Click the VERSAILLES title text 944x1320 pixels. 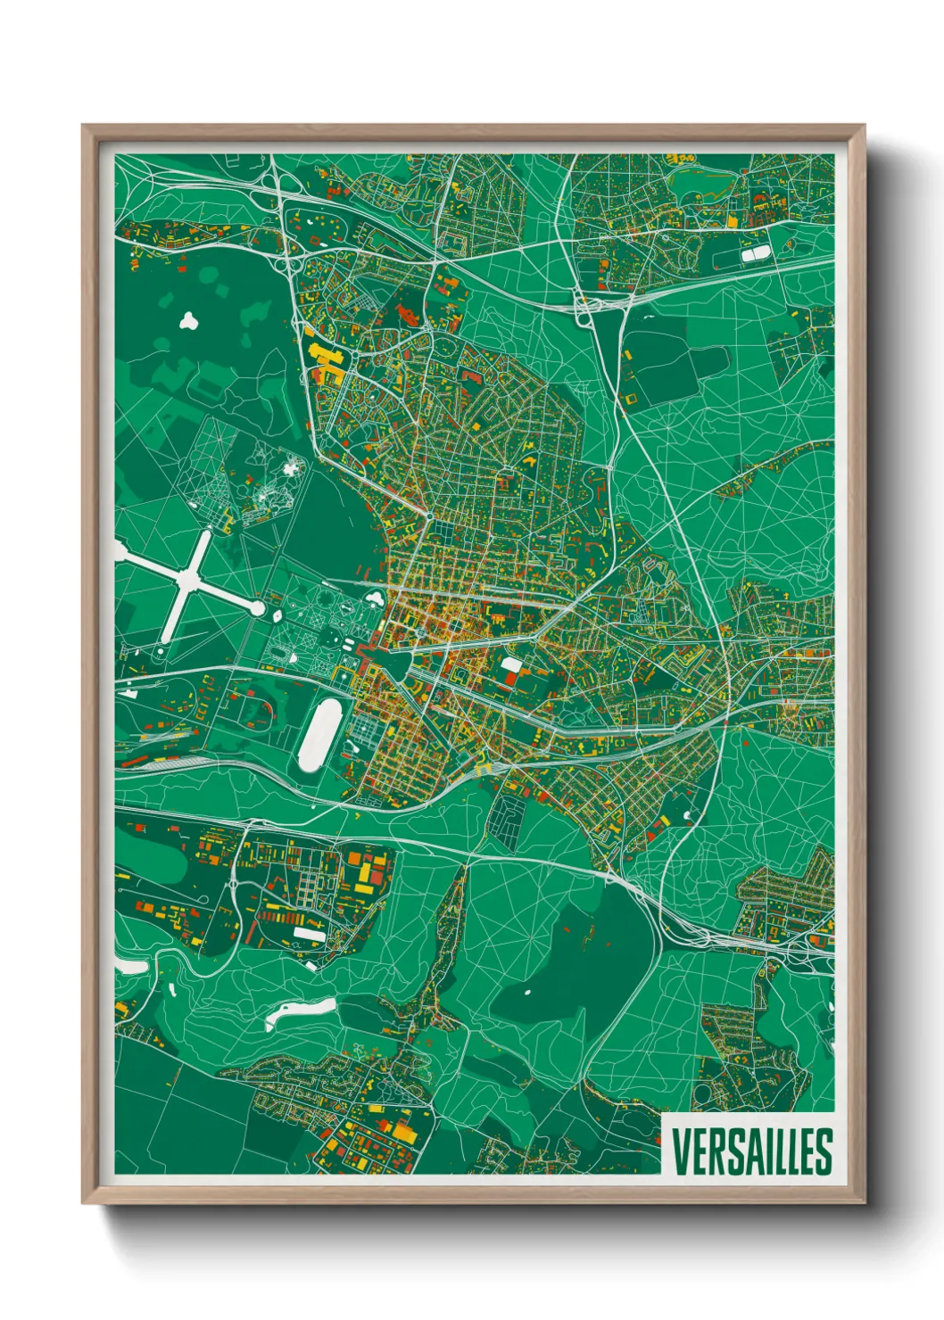751,1151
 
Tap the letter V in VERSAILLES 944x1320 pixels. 681,1151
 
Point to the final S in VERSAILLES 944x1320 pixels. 823,1151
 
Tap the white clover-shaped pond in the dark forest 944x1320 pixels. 189,320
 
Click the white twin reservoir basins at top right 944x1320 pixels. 753,255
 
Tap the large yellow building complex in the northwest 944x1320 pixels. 324,360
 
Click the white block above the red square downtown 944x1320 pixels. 510,664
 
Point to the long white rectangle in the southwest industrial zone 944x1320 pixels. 310,933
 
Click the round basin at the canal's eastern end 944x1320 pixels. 258,608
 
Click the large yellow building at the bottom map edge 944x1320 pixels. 403,1131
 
